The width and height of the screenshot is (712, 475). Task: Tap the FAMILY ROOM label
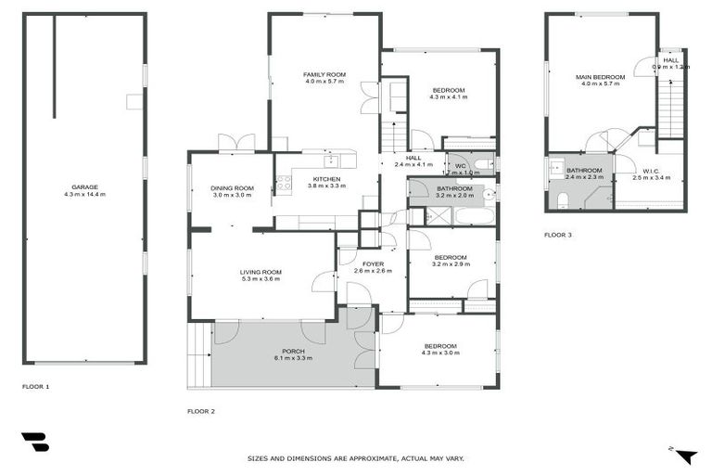324,74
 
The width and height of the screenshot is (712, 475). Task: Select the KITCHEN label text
325,178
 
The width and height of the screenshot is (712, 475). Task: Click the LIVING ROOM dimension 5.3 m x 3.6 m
261,279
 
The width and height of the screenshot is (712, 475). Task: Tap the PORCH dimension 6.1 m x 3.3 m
293,358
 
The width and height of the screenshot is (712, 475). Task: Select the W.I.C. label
649,171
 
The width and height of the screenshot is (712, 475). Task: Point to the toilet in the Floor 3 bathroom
562,199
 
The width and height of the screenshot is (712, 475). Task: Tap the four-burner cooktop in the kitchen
284,183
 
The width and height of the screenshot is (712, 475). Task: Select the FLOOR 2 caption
201,410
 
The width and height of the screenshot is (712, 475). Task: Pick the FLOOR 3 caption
557,235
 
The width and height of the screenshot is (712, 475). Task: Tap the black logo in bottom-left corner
35,443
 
